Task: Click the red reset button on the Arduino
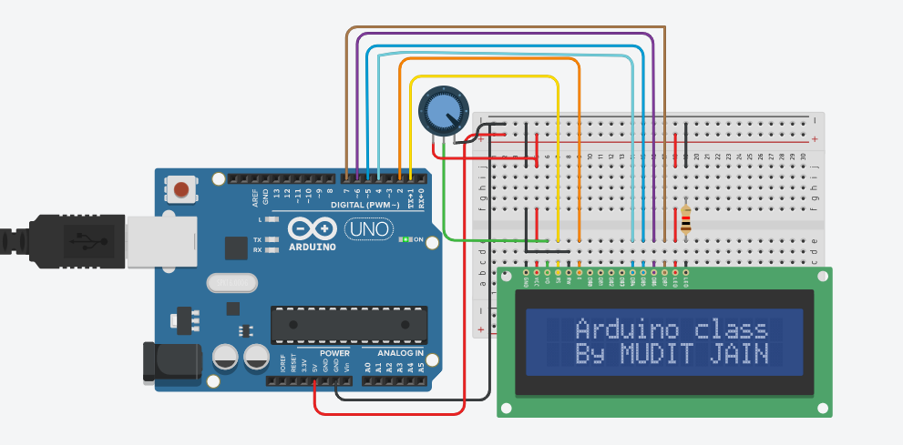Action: click(x=181, y=189)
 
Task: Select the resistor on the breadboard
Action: click(x=685, y=219)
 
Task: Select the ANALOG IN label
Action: click(x=394, y=352)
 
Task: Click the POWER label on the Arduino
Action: click(x=334, y=352)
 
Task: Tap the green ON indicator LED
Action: click(x=405, y=239)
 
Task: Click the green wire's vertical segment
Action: click(x=444, y=182)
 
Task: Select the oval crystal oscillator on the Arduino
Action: click(x=232, y=283)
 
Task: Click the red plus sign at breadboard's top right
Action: click(x=814, y=139)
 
